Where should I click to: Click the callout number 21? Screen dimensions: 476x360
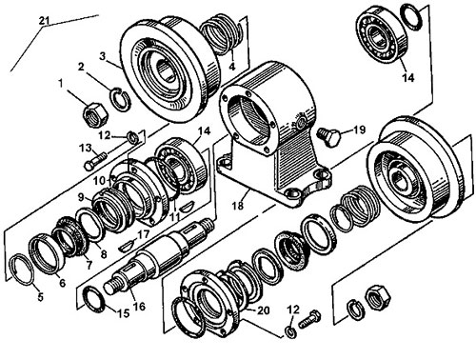45,21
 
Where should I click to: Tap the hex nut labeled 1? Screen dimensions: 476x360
95,114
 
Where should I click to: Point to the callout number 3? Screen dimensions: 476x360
102,56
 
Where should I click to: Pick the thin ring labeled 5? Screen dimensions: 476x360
22,270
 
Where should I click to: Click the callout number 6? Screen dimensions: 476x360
62,282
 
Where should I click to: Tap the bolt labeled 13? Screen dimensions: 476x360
95,161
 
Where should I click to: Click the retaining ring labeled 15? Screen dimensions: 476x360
95,299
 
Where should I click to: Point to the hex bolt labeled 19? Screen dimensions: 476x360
328,136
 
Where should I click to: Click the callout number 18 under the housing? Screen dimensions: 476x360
238,206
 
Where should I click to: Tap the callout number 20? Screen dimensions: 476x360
263,310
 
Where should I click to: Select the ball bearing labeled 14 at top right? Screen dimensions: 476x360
382,35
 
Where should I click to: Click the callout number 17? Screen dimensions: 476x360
143,234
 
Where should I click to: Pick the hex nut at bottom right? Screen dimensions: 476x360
379,297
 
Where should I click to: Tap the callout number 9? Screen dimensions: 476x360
81,198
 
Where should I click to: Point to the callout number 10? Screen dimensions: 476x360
100,181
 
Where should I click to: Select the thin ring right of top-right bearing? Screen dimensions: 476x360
411,16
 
